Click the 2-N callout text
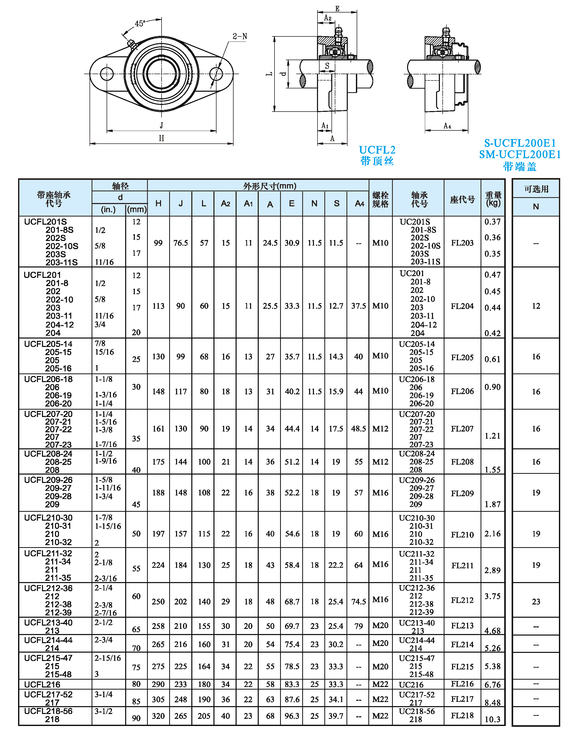(240, 36)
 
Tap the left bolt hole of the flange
(107, 74)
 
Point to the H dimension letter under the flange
(162, 138)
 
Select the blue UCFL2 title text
(377, 150)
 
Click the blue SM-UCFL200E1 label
(520, 155)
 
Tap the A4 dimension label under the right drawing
(447, 126)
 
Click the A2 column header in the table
(225, 204)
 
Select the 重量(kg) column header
(493, 199)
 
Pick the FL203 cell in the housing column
(462, 243)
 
